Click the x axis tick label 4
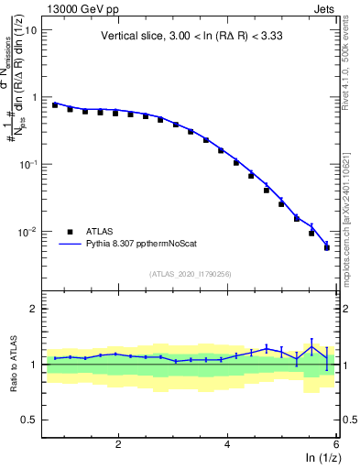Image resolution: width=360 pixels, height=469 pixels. [227, 443]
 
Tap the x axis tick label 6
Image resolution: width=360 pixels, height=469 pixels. [335, 443]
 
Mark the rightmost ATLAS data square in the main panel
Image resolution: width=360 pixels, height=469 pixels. [327, 247]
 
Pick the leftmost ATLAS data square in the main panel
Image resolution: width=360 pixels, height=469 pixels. [55, 105]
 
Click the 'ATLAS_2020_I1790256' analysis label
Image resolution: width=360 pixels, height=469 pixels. [191, 274]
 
